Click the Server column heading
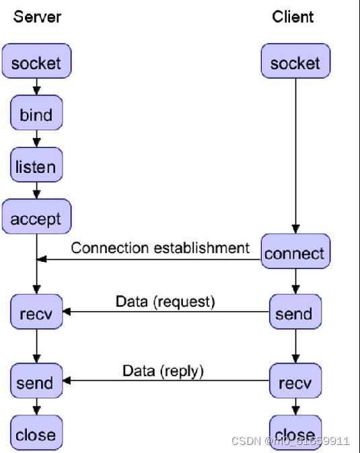coord(37,17)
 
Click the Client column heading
coord(293,17)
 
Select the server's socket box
coord(36,61)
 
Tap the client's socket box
coord(295,61)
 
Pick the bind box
coord(36,112)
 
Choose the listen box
coord(36,165)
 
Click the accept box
coord(36,216)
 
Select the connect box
coord(295,251)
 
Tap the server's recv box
coord(36,312)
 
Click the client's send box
coord(295,312)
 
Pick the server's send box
coord(36,381)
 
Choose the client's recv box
coord(295,381)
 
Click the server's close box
coord(36,433)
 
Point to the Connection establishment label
coord(160,248)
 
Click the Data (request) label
coord(166,302)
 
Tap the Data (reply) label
coord(163,371)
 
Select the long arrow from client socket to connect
coord(295,156)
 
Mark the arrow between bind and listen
coord(36,139)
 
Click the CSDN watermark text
coord(291,441)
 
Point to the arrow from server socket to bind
coord(36,87)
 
